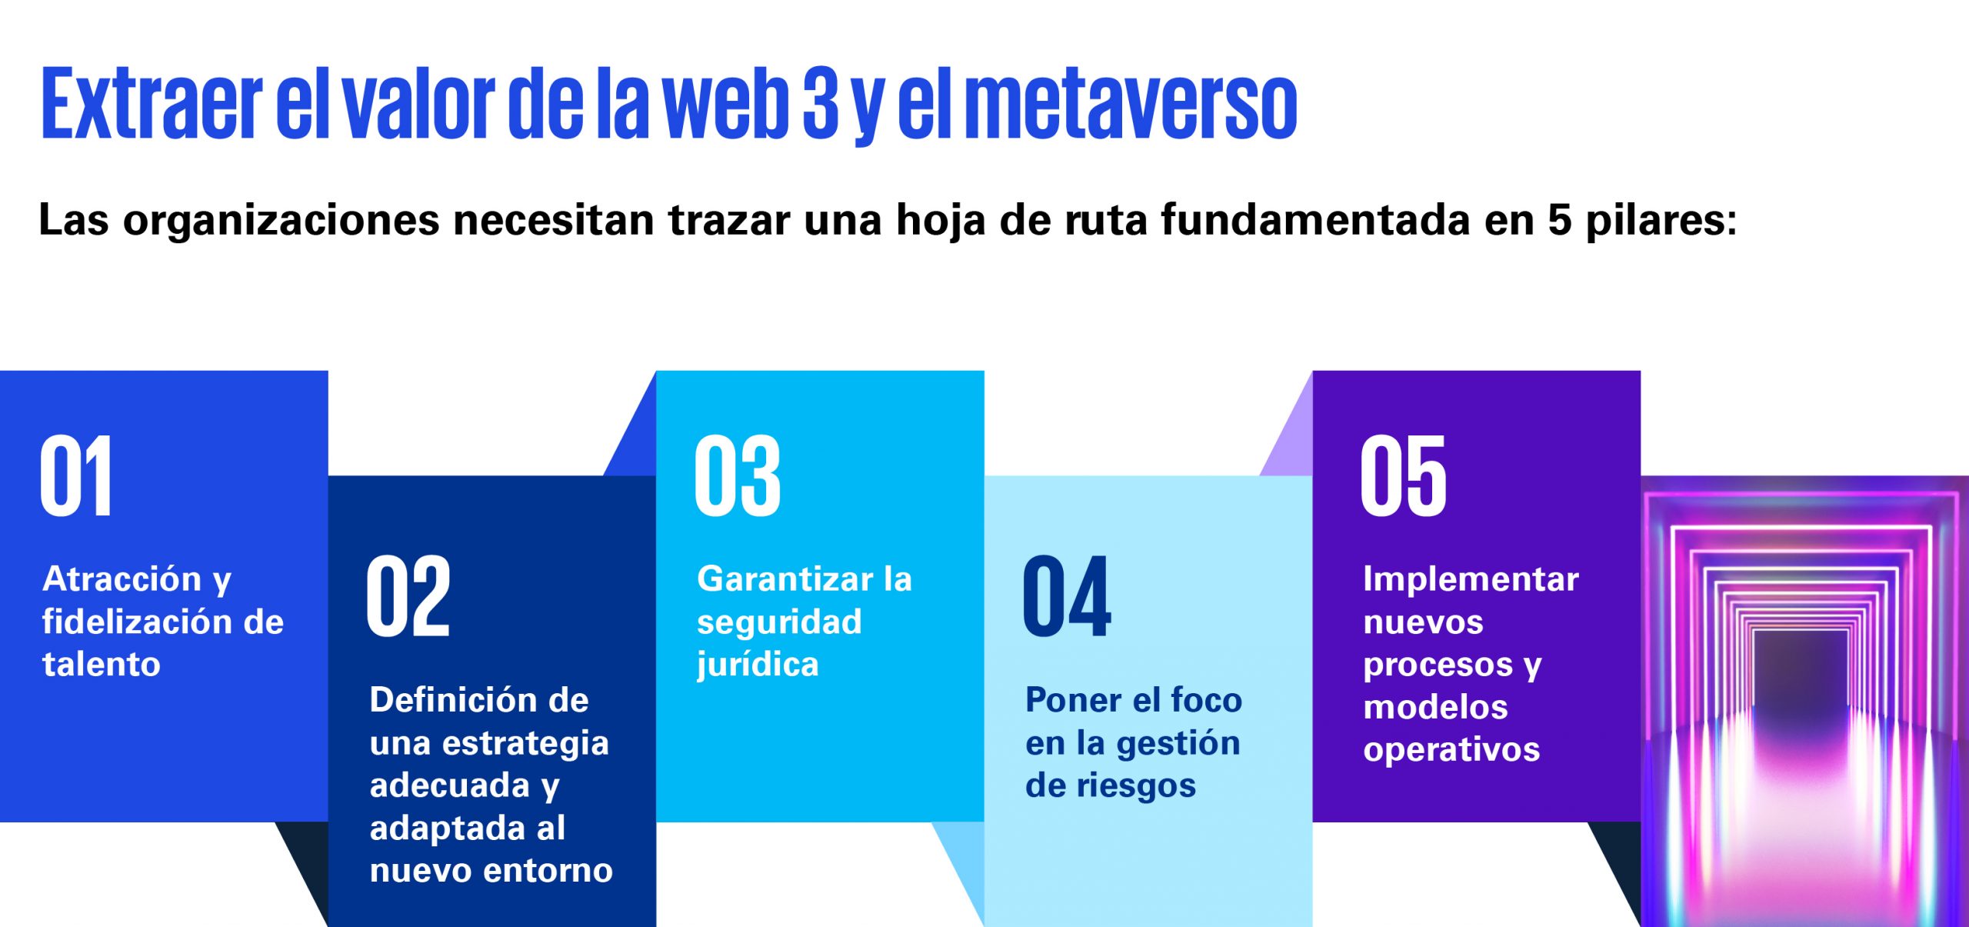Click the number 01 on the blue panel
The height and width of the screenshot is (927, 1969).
76,475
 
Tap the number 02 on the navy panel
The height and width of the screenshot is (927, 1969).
408,595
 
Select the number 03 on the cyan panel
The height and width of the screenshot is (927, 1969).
737,475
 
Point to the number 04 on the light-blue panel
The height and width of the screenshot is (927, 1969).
1067,595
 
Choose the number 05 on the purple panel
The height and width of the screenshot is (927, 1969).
1403,475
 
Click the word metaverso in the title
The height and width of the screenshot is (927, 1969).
1131,104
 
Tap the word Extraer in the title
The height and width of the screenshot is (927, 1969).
152,104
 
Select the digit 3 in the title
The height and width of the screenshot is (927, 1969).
820,104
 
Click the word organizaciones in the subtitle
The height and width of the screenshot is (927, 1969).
281,221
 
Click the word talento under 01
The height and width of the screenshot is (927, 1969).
101,664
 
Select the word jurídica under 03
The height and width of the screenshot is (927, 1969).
757,665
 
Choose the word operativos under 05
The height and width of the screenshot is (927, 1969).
1451,751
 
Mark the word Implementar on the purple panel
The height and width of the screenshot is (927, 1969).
1471,580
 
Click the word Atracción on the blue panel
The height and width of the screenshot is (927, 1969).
122,579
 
